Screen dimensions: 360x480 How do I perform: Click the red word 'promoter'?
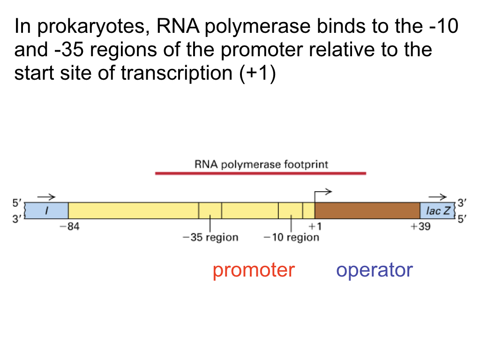tap(254, 270)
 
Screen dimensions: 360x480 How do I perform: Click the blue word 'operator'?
tap(375, 270)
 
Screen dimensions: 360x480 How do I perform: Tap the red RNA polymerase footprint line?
tap(260, 173)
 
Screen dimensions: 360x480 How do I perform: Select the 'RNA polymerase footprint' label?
tap(261, 164)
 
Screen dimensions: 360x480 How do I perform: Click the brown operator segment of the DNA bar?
tap(367, 210)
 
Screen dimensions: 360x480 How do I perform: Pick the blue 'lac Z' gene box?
tap(437, 211)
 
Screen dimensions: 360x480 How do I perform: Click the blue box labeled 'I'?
tap(46, 211)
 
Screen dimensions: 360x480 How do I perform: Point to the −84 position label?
tap(70, 226)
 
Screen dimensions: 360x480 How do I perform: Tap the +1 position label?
tap(315, 226)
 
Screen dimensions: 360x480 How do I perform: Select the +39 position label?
tap(420, 226)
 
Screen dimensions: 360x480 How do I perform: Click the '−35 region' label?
tap(210, 237)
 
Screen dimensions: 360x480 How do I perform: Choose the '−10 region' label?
tap(291, 237)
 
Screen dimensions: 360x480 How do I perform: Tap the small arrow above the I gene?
tap(46, 197)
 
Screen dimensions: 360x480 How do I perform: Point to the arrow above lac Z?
tap(437, 197)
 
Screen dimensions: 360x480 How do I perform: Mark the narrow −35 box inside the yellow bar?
tap(210, 210)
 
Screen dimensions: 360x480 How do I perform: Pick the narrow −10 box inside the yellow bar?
tap(291, 210)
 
